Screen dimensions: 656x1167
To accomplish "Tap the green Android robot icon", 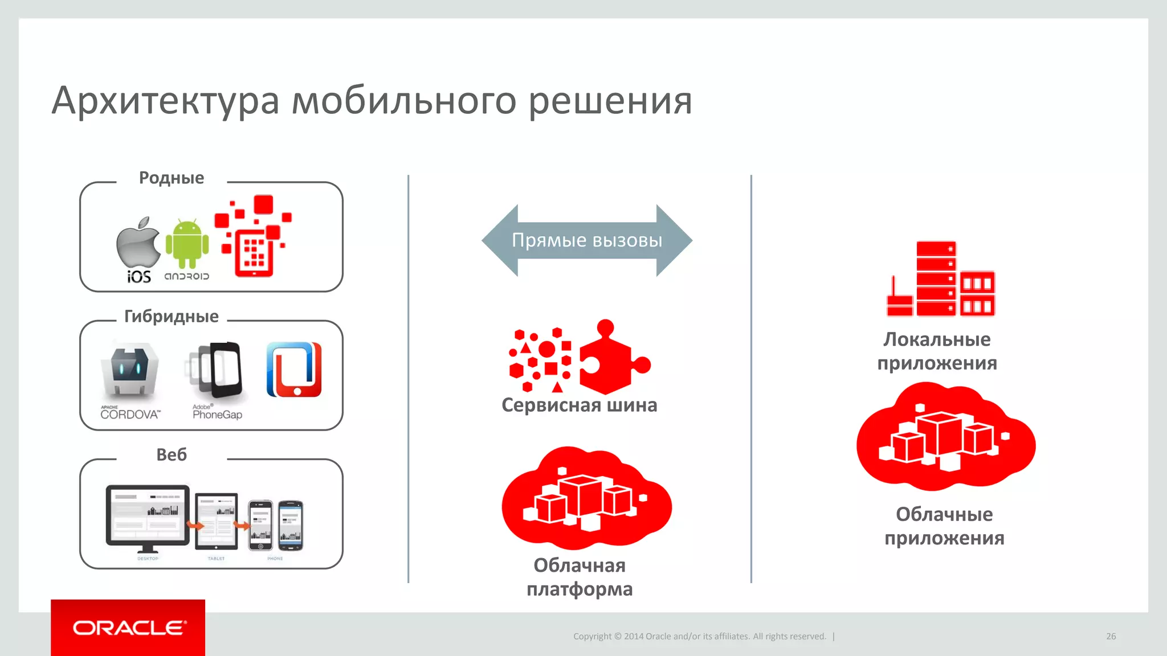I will [x=187, y=244].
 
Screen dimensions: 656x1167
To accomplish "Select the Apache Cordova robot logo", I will [x=130, y=370].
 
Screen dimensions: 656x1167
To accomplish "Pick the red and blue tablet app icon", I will [x=294, y=370].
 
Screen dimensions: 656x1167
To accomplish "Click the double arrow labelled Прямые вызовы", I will [x=587, y=240].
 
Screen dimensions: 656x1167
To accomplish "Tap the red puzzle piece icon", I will [x=613, y=358].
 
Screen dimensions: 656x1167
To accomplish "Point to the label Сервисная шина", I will [x=579, y=405].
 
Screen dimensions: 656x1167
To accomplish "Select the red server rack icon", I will [x=941, y=279].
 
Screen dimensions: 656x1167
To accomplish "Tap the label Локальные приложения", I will [x=937, y=351].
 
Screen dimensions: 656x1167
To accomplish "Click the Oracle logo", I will [x=128, y=628].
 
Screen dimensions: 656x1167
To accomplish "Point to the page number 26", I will [x=1111, y=636].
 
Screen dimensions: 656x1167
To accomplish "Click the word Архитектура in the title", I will [x=165, y=101].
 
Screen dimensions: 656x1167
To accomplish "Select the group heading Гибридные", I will [x=172, y=316].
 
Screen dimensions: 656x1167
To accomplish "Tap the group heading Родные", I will [x=172, y=178].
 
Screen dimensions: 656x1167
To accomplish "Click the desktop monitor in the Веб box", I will [x=148, y=515].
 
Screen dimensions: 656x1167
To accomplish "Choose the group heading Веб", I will [x=172, y=454].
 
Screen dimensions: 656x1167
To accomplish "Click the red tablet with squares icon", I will [x=254, y=251].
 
